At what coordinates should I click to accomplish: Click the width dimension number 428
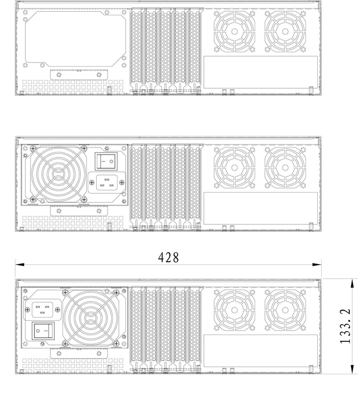coord(169,258)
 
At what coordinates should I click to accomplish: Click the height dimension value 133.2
coord(345,326)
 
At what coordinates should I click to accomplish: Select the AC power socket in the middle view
coord(106,183)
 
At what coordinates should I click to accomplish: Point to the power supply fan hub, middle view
coord(58,173)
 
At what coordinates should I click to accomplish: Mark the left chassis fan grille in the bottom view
coord(234,310)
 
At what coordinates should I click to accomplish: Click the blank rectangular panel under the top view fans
coord(261,72)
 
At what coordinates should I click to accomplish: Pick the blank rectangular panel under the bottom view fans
coord(261,350)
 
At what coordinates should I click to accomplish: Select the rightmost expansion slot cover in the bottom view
coord(194,326)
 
